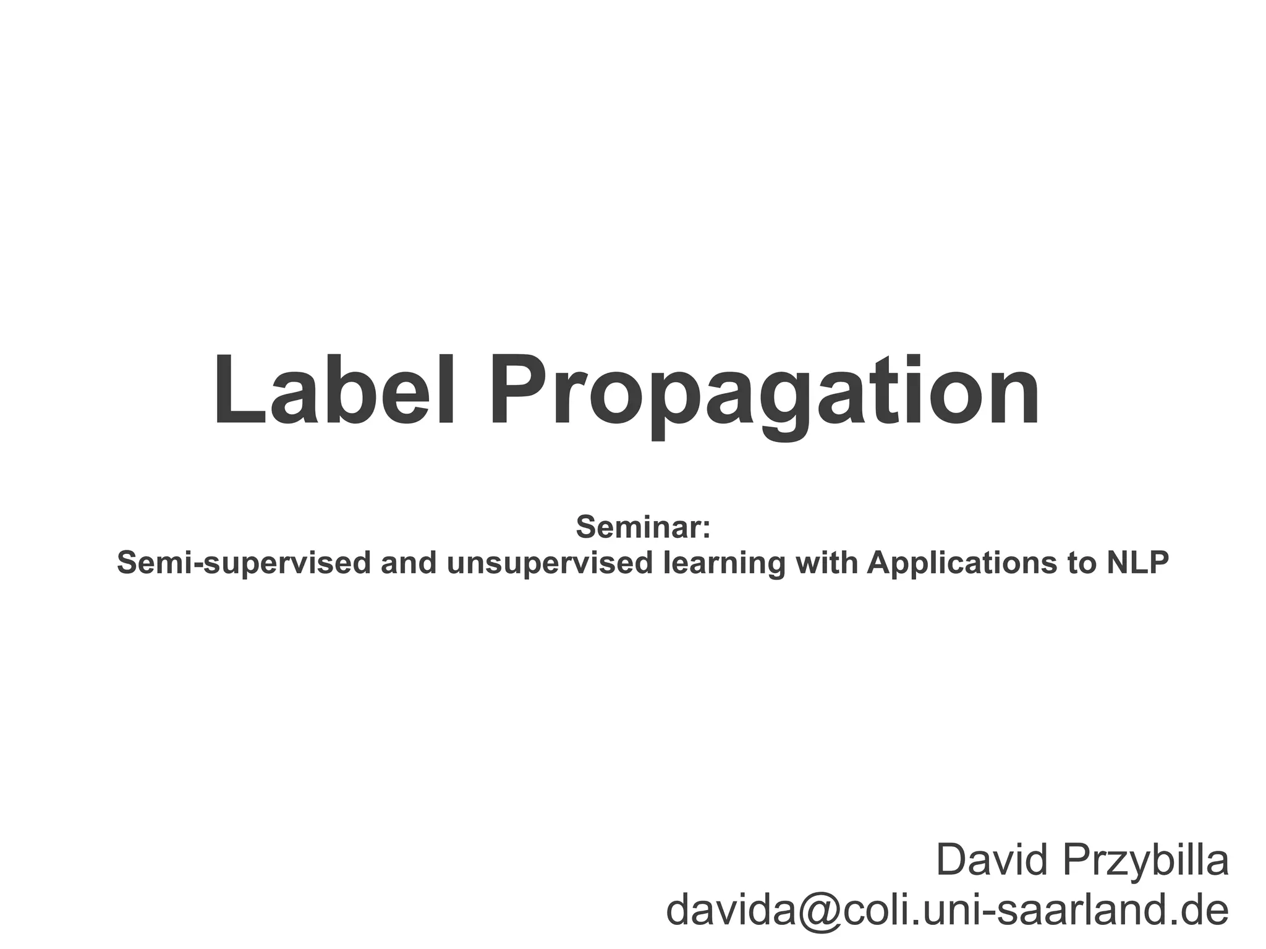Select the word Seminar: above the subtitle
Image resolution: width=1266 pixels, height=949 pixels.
point(643,527)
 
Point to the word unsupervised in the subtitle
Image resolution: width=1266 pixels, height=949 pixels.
point(549,563)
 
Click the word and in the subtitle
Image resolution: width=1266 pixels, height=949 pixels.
point(408,562)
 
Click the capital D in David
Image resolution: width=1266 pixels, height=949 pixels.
point(953,860)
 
